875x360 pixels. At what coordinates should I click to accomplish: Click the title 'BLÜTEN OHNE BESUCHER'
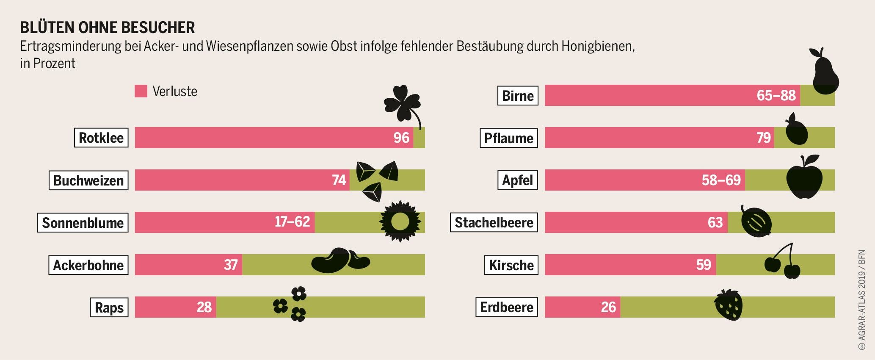[x=108, y=28]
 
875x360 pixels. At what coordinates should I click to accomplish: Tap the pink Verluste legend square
[x=141, y=91]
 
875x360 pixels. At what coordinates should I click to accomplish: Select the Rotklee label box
[x=101, y=138]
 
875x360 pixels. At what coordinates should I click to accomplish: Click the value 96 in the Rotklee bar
[x=401, y=138]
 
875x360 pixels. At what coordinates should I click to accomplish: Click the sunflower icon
[x=400, y=222]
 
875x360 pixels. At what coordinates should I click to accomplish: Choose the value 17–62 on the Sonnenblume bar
[x=292, y=222]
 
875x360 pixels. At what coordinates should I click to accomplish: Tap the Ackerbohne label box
[x=88, y=265]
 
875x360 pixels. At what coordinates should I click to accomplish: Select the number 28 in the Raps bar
[x=204, y=307]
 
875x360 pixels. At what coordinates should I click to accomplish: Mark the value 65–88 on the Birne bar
[x=776, y=95]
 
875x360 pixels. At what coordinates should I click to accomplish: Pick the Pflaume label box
[x=508, y=138]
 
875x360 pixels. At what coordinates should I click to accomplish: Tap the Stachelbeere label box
[x=494, y=222]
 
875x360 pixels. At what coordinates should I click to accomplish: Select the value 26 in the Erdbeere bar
[x=608, y=307]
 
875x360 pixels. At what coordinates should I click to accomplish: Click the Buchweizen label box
[x=88, y=180]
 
